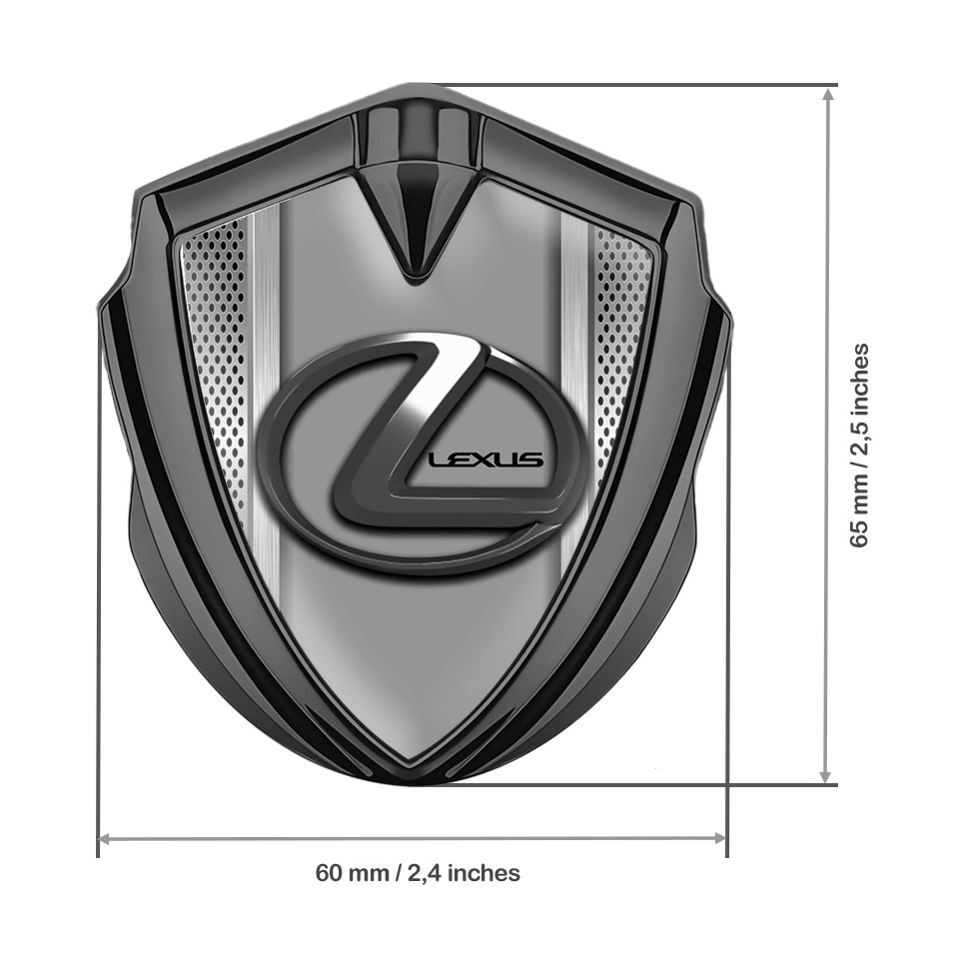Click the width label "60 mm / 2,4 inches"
[x=418, y=873]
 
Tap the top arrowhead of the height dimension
[x=826, y=93]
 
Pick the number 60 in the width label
[x=330, y=873]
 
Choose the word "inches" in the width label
[x=484, y=873]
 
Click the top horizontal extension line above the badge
[x=619, y=86]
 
